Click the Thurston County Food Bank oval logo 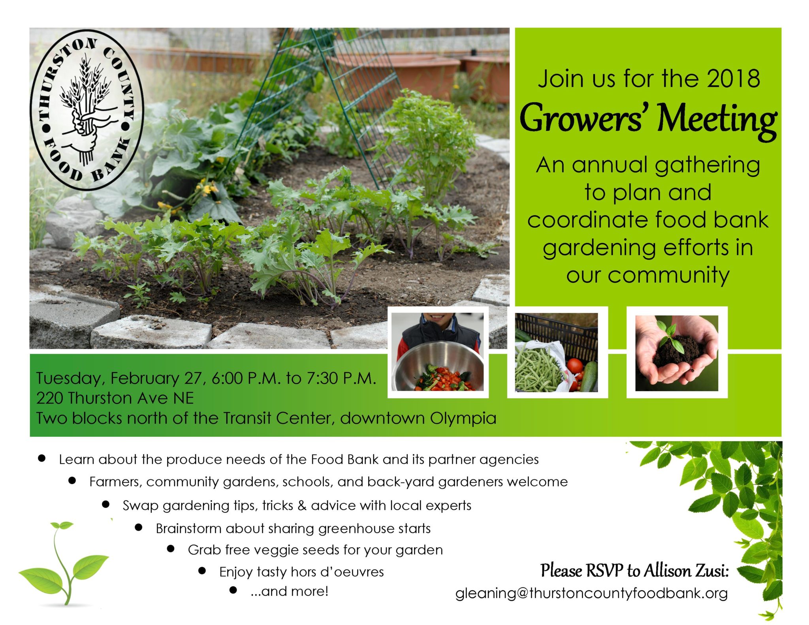click(87, 110)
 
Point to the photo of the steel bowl click(438, 352)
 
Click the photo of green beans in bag click(557, 353)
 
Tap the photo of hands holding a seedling click(677, 353)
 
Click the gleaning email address click(591, 593)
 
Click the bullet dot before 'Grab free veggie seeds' click(171, 549)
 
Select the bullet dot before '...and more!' click(233, 590)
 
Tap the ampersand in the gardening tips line click(302, 505)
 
